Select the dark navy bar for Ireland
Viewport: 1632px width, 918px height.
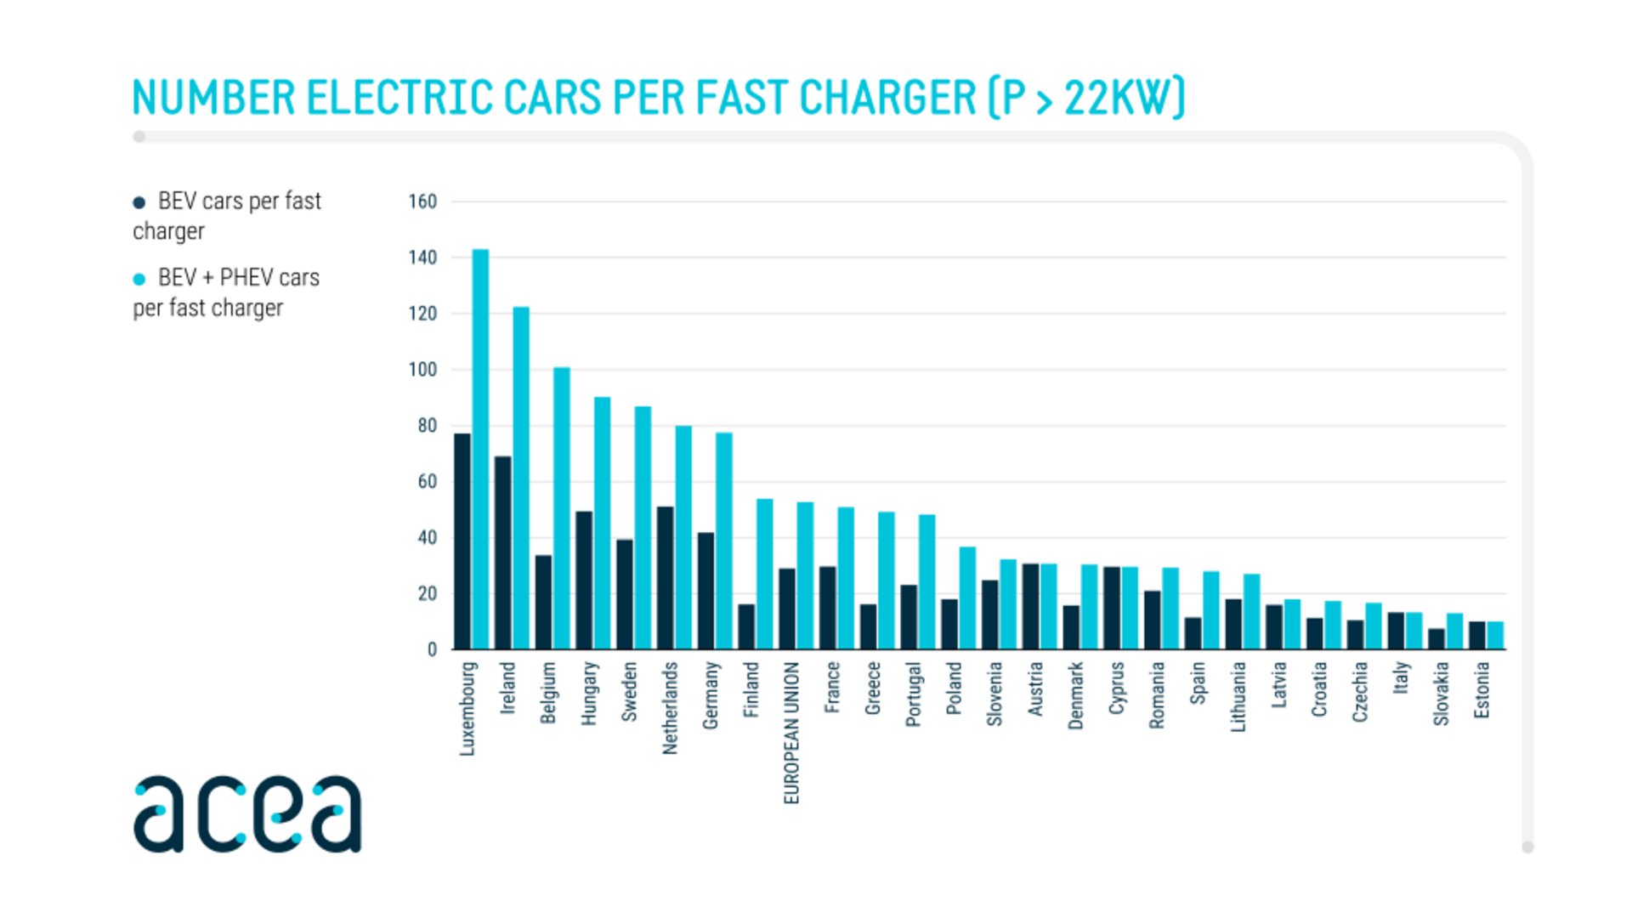click(x=503, y=552)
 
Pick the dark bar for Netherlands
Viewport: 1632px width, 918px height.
click(x=666, y=578)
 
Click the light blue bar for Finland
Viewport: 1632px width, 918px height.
click(x=765, y=574)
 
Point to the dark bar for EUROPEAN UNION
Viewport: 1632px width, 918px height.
click(x=787, y=609)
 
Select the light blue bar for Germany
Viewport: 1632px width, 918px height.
click(x=724, y=541)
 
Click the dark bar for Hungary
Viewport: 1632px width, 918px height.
click(x=584, y=580)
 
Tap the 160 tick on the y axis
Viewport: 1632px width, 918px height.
click(x=422, y=201)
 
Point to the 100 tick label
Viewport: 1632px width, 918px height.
click(x=422, y=370)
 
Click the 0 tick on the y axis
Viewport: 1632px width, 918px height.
click(x=432, y=649)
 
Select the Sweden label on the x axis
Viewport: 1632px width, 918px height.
click(x=629, y=692)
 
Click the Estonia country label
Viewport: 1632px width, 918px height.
click(x=1482, y=690)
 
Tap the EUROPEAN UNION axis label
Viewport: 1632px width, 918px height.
click(x=791, y=733)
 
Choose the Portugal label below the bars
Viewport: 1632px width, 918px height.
click(x=913, y=694)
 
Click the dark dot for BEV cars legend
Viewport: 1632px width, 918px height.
click(x=139, y=202)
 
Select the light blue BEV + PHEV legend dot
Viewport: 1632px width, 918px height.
click(x=139, y=279)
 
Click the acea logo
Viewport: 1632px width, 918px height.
click(x=247, y=813)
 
